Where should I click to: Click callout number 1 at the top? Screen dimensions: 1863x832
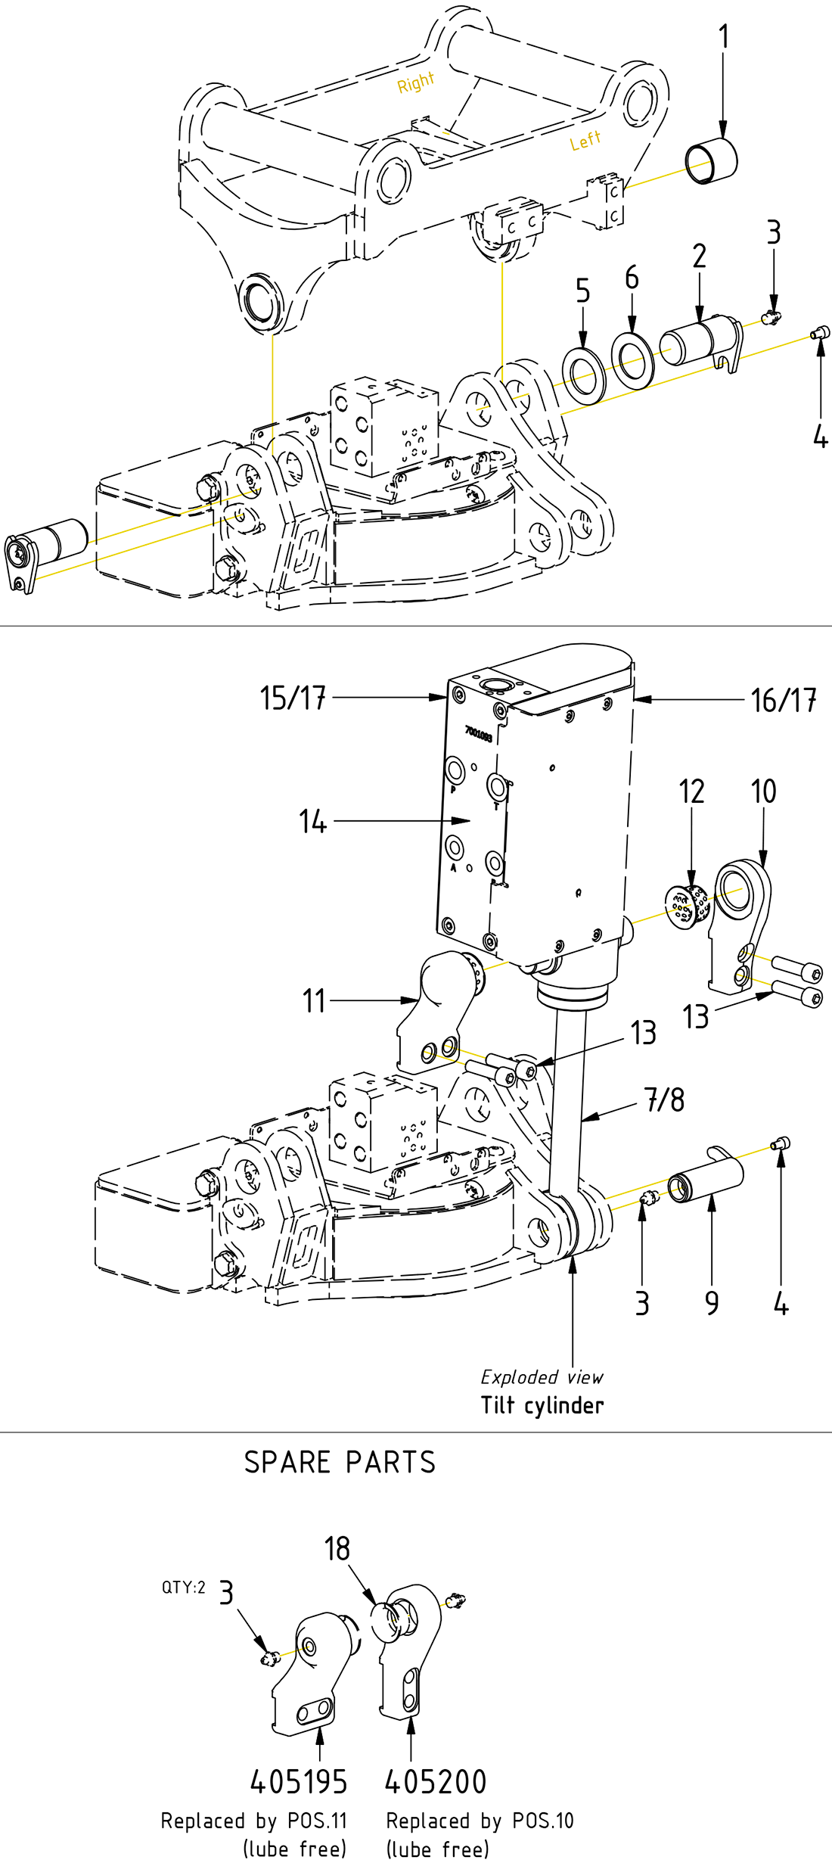click(724, 36)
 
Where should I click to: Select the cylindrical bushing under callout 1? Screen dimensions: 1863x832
click(711, 160)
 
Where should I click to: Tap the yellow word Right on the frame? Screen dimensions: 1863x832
click(416, 82)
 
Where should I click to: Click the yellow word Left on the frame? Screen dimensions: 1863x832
click(585, 140)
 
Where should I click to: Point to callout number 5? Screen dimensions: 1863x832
click(582, 291)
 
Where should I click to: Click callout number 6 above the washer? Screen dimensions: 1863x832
click(632, 278)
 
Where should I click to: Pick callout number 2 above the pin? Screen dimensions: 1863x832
click(700, 257)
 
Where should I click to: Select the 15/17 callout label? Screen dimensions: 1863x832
click(293, 698)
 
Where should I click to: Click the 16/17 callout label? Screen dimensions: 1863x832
click(784, 701)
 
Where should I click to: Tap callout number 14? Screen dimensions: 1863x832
click(312, 822)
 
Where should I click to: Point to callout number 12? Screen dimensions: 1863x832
click(691, 792)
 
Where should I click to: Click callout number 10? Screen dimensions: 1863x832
click(763, 792)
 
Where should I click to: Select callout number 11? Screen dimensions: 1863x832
click(314, 1001)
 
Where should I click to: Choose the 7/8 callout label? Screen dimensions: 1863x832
click(665, 1100)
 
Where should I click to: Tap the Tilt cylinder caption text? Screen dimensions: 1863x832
click(542, 1405)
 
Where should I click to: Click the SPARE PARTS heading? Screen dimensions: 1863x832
click(340, 1463)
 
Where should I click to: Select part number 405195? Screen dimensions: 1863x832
click(299, 1782)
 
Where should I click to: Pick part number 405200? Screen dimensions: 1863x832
click(436, 1782)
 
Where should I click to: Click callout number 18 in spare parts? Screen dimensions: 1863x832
click(337, 1549)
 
